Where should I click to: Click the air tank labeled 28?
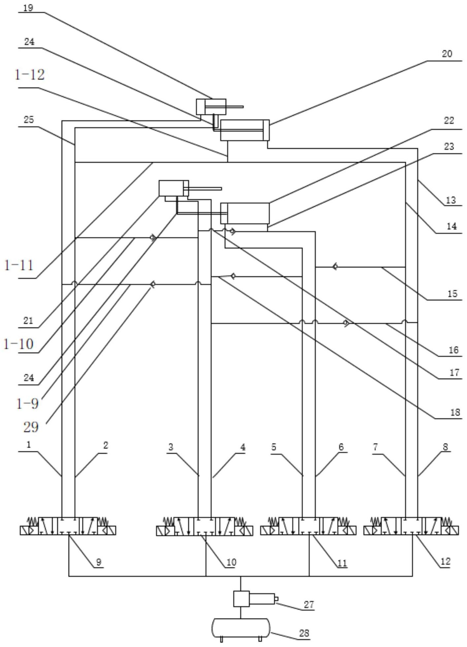click(x=241, y=629)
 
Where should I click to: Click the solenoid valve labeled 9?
click(x=68, y=526)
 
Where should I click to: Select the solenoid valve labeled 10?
click(x=205, y=526)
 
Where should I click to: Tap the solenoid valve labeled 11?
click(x=308, y=526)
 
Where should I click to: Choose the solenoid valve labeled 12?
click(x=411, y=526)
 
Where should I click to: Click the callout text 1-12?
click(x=29, y=75)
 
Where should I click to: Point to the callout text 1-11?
click(x=19, y=265)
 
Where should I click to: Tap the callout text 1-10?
click(x=18, y=344)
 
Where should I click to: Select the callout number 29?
click(x=31, y=427)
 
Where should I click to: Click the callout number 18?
click(x=455, y=412)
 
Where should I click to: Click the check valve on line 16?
click(x=346, y=323)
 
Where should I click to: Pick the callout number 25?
click(x=29, y=119)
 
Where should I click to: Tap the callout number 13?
click(x=451, y=200)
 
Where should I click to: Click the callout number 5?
click(x=274, y=447)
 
